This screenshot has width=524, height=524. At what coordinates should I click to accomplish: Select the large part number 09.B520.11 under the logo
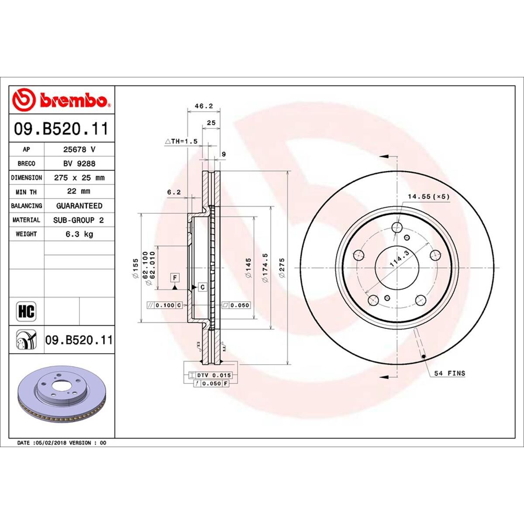pos(61,129)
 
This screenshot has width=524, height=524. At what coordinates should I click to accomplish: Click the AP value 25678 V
pos(79,149)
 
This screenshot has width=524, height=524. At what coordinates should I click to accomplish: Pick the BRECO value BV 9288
pos(79,163)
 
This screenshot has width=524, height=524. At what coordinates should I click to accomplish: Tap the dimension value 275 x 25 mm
pos(79,178)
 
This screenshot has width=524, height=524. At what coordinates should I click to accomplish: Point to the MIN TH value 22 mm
pos(79,191)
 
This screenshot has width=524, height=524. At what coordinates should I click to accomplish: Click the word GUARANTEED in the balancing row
pos(79,206)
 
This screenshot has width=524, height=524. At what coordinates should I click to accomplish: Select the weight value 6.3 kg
pos(79,234)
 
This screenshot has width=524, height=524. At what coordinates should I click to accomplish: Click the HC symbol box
pos(26,311)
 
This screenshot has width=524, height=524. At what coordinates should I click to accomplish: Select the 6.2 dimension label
pos(174,192)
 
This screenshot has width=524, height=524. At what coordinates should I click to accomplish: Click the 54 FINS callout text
pos(450,373)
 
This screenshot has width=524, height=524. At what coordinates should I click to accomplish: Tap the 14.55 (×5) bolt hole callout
pos(428,197)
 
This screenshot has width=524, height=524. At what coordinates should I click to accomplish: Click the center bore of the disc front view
pos(397,268)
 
